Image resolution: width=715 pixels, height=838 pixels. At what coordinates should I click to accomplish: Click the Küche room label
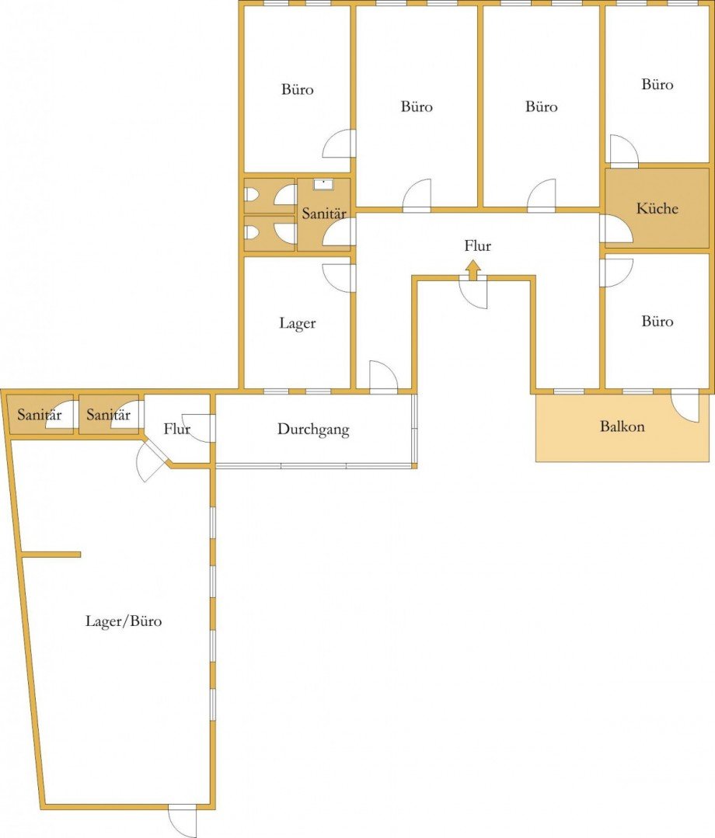657,208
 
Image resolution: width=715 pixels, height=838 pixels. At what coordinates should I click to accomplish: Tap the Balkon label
622,426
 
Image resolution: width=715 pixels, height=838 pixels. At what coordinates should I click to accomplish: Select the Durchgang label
313,429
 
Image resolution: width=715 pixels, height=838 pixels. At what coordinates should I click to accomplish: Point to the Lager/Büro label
124,621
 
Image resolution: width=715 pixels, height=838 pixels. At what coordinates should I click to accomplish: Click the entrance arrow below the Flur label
473,270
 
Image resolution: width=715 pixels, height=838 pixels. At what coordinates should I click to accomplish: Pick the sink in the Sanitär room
323,184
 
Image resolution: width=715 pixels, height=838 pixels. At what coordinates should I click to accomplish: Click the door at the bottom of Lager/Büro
182,820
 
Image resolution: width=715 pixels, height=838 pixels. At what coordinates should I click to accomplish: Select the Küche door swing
616,228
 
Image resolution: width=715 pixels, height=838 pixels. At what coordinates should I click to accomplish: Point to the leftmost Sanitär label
40,415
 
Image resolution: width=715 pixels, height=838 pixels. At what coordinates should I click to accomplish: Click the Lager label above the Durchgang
298,323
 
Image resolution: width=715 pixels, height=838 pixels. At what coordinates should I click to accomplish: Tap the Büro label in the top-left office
298,89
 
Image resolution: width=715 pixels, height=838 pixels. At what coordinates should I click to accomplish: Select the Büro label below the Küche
657,322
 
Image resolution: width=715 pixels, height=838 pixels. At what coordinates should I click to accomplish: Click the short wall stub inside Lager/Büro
51,555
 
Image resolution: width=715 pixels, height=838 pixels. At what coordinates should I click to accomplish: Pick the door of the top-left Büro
339,143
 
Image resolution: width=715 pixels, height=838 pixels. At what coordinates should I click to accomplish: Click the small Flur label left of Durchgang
177,429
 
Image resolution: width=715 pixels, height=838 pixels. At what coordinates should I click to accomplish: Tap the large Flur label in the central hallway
477,246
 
